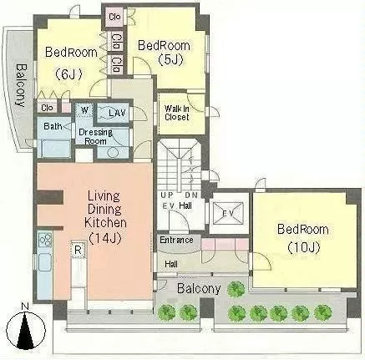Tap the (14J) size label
point(105,239)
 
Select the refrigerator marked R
point(78,250)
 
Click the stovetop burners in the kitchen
point(44,239)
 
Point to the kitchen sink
point(44,262)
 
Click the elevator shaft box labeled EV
point(228,213)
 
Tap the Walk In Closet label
point(177,113)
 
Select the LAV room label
point(117,113)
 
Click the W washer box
point(84,110)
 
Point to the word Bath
point(53,126)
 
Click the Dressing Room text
point(95,136)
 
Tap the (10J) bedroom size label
point(303,247)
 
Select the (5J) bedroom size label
point(170,60)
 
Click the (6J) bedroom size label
point(68,74)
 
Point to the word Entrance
point(176,240)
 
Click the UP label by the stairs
point(167,195)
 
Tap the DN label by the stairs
point(191,195)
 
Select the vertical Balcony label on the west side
point(21,85)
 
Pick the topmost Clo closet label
point(114,17)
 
